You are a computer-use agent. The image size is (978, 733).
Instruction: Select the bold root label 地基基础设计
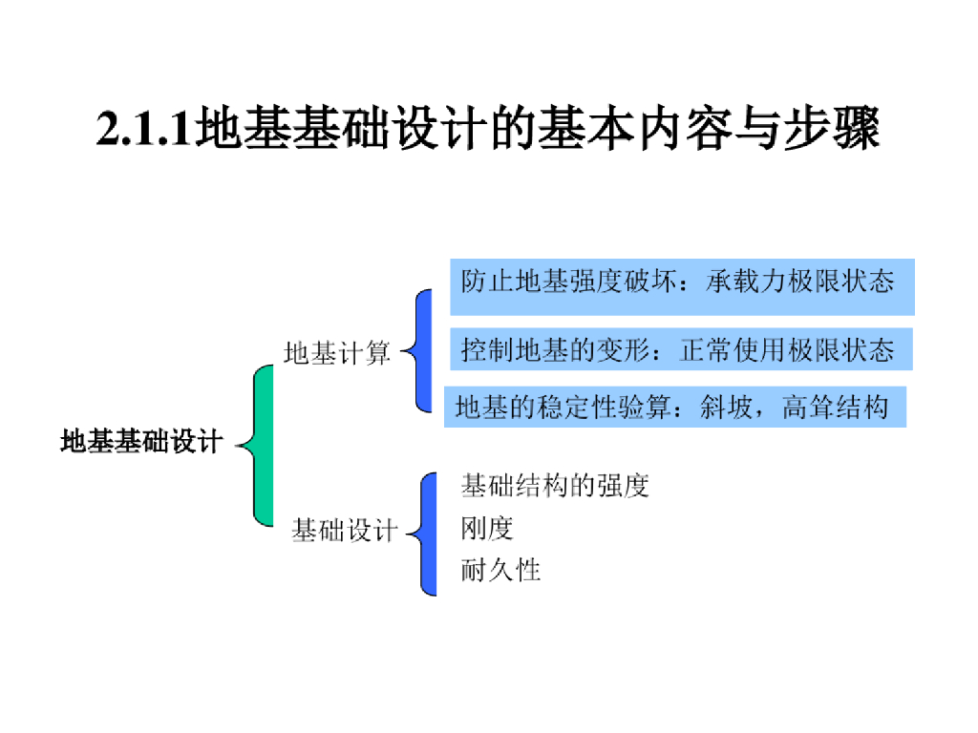pyautogui.click(x=141, y=442)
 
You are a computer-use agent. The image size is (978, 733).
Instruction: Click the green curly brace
pyautogui.click(x=260, y=445)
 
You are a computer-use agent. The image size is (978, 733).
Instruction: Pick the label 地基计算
pyautogui.click(x=337, y=353)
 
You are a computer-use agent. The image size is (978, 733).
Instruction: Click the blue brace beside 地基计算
pyautogui.click(x=422, y=351)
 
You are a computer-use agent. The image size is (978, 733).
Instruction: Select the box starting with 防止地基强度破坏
pyautogui.click(x=681, y=285)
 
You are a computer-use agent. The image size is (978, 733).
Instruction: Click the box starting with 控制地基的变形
pyautogui.click(x=681, y=349)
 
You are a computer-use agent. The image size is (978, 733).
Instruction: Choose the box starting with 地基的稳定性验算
pyautogui.click(x=674, y=408)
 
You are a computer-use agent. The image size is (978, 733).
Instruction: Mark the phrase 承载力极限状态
pyautogui.click(x=800, y=282)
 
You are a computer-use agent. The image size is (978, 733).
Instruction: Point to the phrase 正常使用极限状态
pyautogui.click(x=787, y=349)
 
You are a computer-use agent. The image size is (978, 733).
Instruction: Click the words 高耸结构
pyautogui.click(x=835, y=408)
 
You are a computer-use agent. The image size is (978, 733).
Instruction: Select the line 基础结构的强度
pyautogui.click(x=555, y=486)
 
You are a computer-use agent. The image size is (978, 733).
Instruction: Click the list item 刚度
pyautogui.click(x=487, y=528)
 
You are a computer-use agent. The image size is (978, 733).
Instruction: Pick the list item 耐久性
pyautogui.click(x=500, y=570)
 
